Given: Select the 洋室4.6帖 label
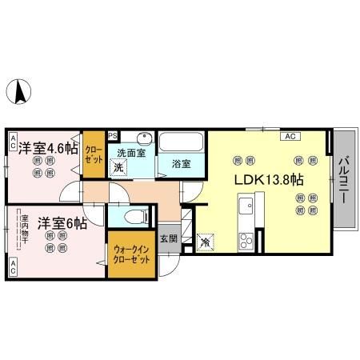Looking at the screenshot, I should click(x=49, y=148).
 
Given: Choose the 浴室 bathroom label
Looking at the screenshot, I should click(x=180, y=164).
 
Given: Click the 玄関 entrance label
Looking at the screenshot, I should click(x=168, y=238).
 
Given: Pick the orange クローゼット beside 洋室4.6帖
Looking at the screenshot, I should click(x=94, y=153).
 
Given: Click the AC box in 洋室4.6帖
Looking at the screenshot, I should click(x=13, y=142).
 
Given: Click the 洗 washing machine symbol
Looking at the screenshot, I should click(x=118, y=167).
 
